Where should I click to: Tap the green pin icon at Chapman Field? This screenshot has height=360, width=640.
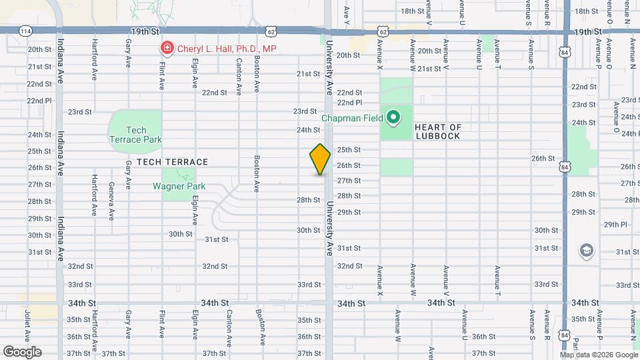coord(393,119)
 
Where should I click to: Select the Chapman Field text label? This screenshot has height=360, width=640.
coord(352,119)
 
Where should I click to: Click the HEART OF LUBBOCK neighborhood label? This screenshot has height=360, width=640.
coord(437,131)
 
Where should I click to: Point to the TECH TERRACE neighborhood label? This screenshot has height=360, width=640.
coord(173,162)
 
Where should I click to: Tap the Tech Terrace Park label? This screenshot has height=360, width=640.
coord(135,135)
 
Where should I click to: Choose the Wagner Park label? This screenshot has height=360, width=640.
coord(179,187)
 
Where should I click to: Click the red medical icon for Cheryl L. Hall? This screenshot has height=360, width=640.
coord(165,49)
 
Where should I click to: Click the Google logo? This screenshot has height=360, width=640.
coord(22,352)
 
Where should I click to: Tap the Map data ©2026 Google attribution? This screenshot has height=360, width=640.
coord(598,355)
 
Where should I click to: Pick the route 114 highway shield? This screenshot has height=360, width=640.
coord(25,31)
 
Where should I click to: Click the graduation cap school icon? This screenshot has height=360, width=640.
coord(586,251)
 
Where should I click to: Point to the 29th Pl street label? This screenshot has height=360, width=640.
coord(616,225)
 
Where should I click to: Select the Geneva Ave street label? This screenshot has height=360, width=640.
coord(111,201)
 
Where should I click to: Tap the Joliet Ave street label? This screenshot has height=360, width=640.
coord(28,323)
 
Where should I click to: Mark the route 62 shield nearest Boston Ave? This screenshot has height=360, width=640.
coord(271,31)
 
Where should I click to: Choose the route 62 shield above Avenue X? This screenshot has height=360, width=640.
coord(382,31)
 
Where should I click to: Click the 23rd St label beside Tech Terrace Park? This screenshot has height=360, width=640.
coord(79,112)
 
